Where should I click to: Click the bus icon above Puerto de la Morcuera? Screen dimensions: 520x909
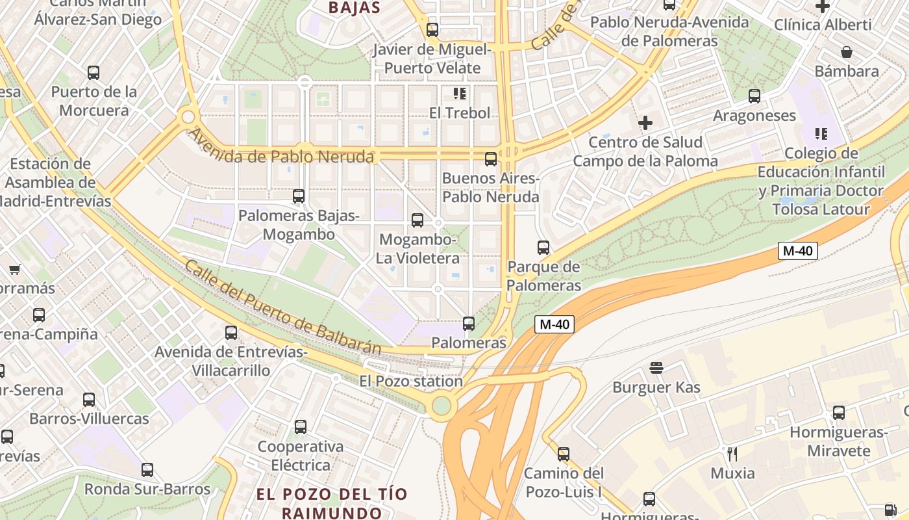pyautogui.click(x=93, y=73)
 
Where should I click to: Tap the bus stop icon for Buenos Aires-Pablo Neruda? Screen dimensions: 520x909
pyautogui.click(x=491, y=159)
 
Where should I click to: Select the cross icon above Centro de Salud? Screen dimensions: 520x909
pyautogui.click(x=645, y=122)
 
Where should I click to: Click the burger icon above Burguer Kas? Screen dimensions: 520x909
pyautogui.click(x=656, y=368)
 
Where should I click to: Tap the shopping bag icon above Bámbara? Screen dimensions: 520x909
pyautogui.click(x=847, y=52)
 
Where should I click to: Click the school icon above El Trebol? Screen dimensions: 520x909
pyautogui.click(x=460, y=94)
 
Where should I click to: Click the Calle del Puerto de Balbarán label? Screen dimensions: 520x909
pyautogui.click(x=282, y=307)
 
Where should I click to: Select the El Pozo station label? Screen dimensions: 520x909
pyautogui.click(x=411, y=381)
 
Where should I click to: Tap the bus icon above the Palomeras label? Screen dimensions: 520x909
pyautogui.click(x=469, y=323)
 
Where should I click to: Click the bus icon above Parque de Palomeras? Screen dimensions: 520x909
pyautogui.click(x=543, y=248)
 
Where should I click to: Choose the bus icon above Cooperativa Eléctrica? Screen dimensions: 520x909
pyautogui.click(x=301, y=427)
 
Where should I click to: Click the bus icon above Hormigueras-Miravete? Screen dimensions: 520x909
pyautogui.click(x=839, y=413)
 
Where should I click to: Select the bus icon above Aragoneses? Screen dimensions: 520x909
pyautogui.click(x=754, y=96)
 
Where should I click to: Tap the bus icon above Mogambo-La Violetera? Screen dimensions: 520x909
pyautogui.click(x=417, y=220)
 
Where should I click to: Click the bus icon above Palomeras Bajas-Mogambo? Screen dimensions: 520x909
pyautogui.click(x=299, y=196)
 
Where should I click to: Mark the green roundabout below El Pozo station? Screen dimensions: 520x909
pyautogui.click(x=442, y=406)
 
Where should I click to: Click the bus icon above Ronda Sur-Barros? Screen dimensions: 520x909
pyautogui.click(x=147, y=470)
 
